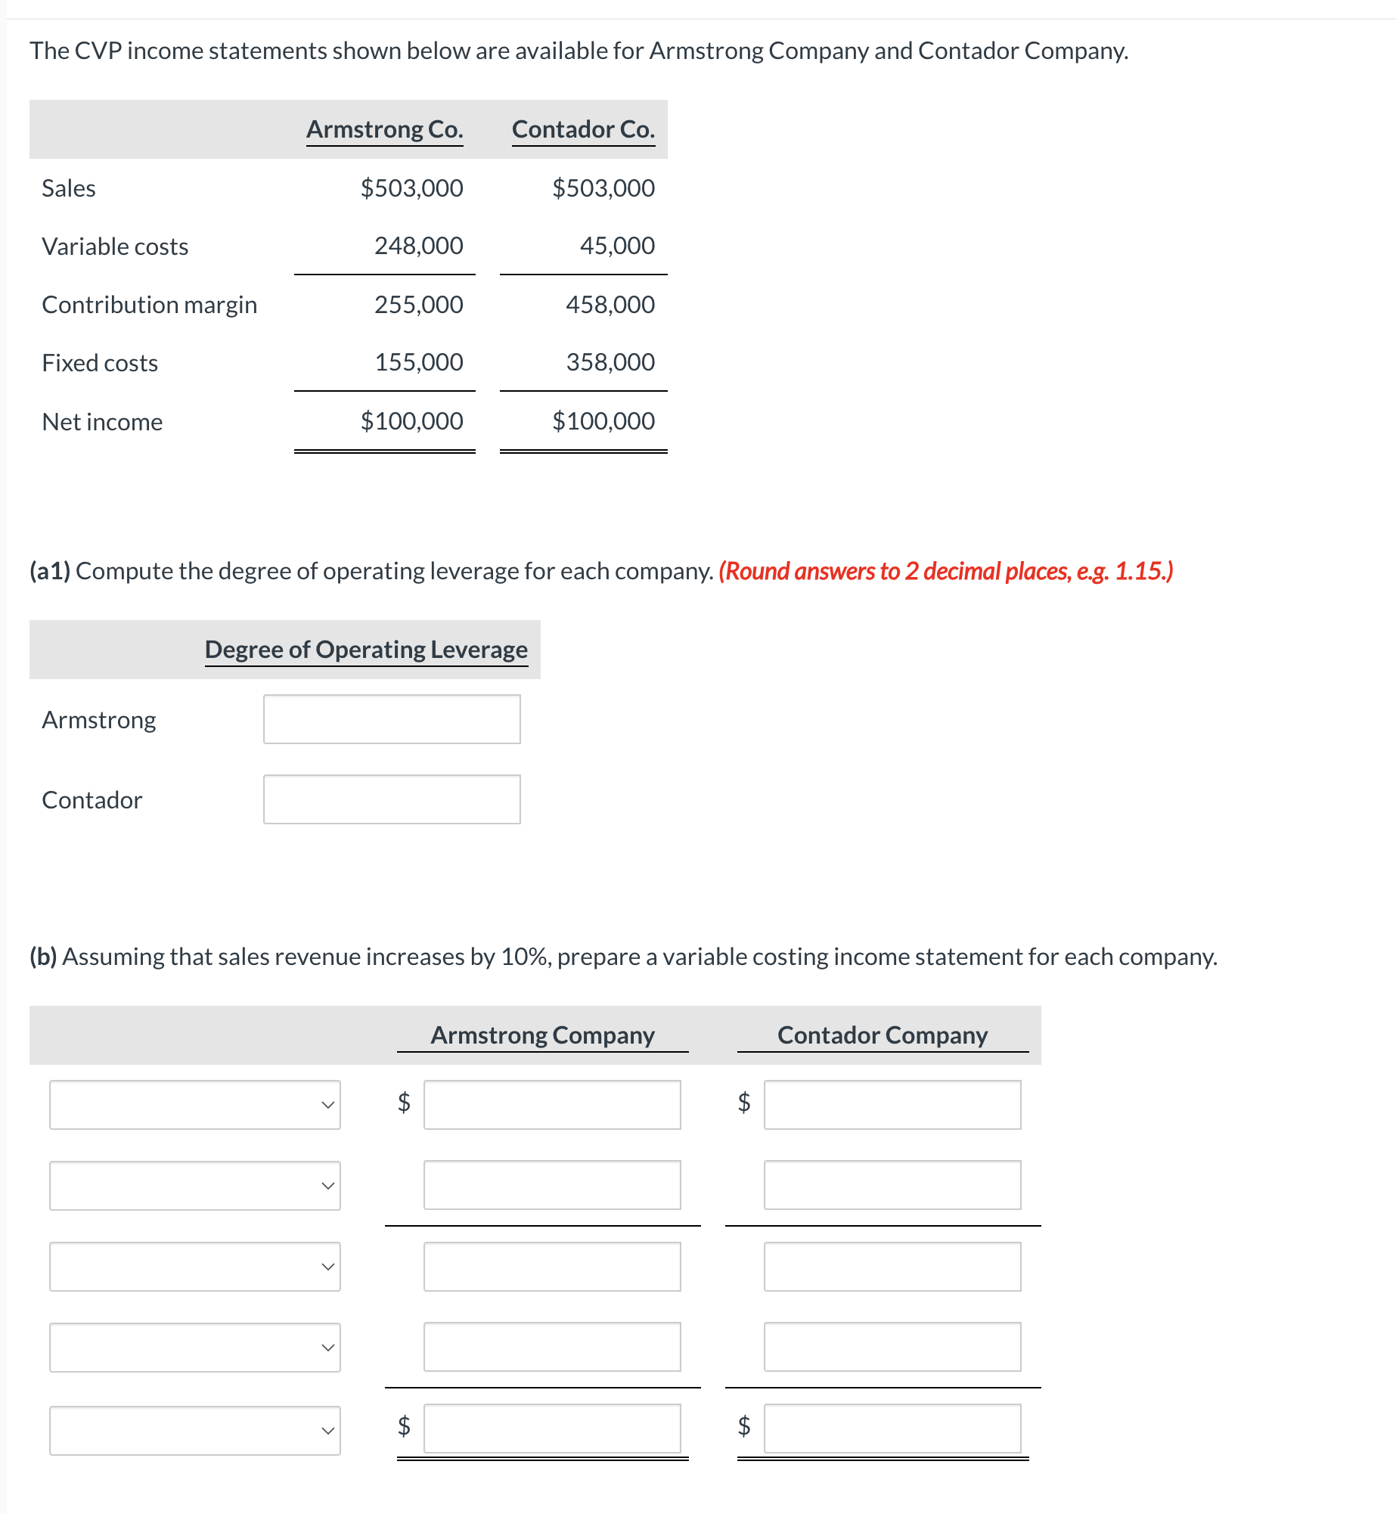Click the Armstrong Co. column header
[384, 129]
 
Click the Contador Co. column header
[583, 129]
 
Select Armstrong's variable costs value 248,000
[418, 246]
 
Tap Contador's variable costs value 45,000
[616, 246]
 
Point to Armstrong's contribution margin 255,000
[418, 305]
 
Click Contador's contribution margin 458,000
[610, 305]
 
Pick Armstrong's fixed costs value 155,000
[418, 362]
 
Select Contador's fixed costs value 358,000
[610, 362]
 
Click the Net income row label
[102, 422]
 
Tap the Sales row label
[69, 188]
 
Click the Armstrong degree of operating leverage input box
[392, 719]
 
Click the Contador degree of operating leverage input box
[392, 799]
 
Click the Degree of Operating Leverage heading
[366, 650]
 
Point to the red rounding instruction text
[945, 571]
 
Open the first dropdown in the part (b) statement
[195, 1105]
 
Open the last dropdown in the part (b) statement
[195, 1430]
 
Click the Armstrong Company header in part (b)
[542, 1035]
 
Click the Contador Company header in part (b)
[883, 1035]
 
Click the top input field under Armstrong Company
[552, 1105]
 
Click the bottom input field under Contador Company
[892, 1429]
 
